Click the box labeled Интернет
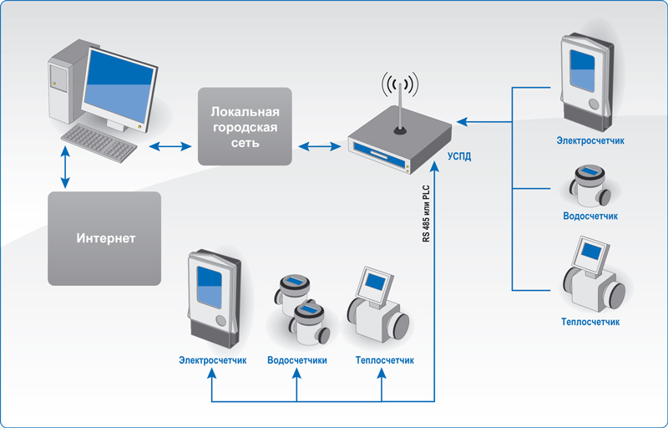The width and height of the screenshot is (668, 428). (104, 238)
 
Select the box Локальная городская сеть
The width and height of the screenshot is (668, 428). (245, 125)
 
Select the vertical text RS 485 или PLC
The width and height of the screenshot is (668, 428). (426, 212)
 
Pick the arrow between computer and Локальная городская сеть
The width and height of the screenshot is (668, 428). (170, 147)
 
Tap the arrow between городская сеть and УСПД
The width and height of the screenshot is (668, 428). (320, 147)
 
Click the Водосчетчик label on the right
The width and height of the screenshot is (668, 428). (590, 216)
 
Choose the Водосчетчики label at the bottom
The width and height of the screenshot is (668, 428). (297, 360)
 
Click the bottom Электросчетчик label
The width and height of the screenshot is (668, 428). (212, 360)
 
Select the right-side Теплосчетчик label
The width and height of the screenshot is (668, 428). (590, 321)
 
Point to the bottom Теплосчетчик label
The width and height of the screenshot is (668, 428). (384, 360)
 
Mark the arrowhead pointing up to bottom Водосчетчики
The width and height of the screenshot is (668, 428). (298, 374)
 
